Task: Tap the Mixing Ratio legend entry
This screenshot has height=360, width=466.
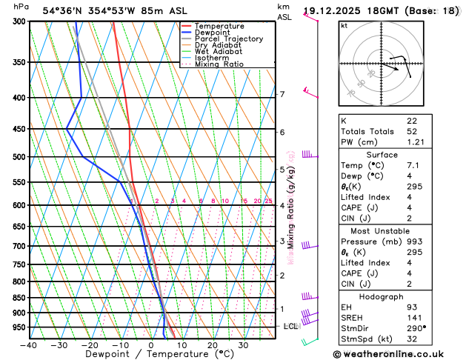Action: pos(220,64)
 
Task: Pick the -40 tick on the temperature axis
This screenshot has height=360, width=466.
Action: pos(29,344)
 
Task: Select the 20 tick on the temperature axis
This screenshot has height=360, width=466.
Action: pos(213,344)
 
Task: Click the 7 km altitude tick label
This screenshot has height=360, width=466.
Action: pos(282,94)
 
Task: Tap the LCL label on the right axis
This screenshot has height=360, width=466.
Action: pos(290,326)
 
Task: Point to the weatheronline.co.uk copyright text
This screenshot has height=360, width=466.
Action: pos(397,354)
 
